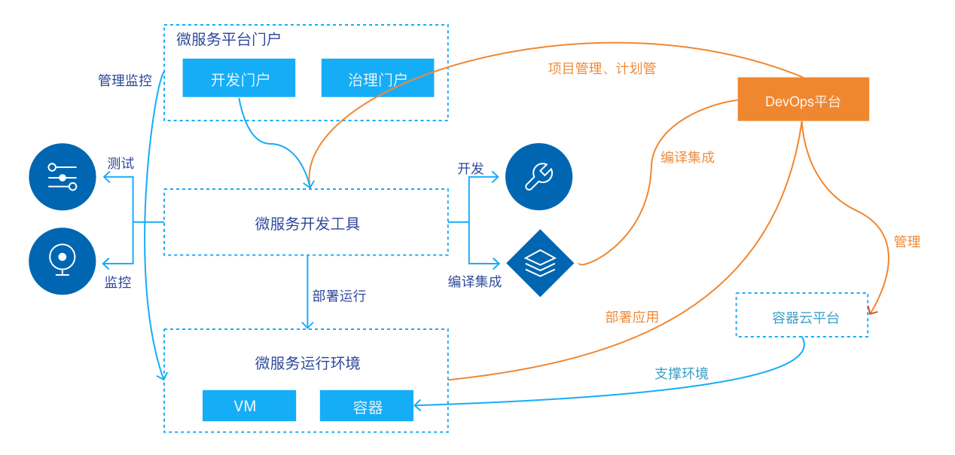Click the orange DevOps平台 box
803,99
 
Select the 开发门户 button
239,78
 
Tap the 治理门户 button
377,78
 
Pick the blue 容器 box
367,406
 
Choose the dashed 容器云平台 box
801,316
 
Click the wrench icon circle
539,177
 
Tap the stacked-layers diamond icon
540,263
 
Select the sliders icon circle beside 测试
63,177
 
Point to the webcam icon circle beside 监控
63,261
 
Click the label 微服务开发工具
307,224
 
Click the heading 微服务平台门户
228,40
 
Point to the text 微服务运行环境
307,363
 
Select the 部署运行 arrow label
339,296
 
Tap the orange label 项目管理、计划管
602,69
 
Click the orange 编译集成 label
687,157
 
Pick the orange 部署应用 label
632,317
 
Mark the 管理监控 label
124,81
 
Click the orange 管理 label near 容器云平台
907,242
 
